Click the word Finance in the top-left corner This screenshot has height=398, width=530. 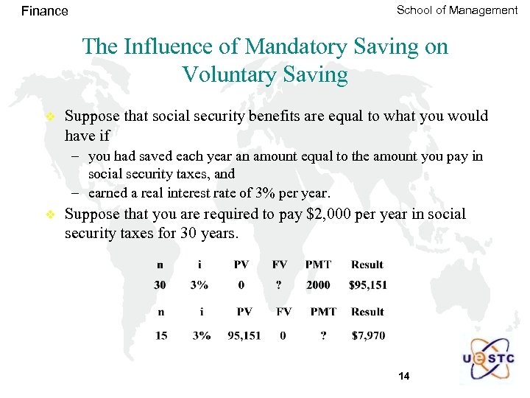(x=45, y=11)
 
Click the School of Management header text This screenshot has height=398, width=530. (x=457, y=10)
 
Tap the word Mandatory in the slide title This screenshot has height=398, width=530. (x=288, y=46)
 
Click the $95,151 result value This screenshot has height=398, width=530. (x=369, y=285)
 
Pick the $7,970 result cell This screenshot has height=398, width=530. (x=368, y=336)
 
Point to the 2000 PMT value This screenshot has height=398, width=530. (x=318, y=285)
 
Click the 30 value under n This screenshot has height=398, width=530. (x=160, y=285)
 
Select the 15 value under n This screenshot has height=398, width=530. (x=161, y=336)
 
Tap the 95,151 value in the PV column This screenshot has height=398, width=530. (x=244, y=336)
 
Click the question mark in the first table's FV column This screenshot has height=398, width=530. (x=280, y=285)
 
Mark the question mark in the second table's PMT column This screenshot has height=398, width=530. (x=323, y=336)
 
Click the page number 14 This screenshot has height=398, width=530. (x=403, y=377)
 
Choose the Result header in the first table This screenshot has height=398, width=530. (x=367, y=265)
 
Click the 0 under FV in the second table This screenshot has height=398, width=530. (x=283, y=336)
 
